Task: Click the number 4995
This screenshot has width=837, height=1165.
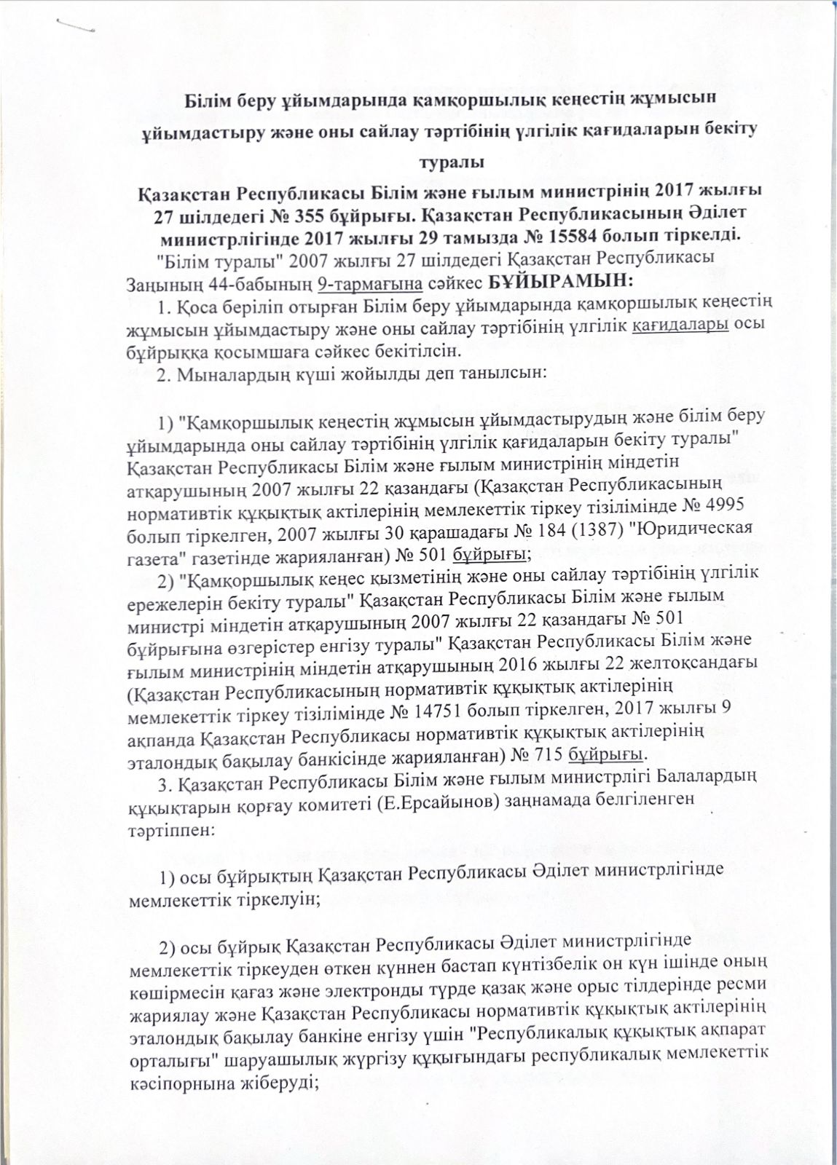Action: tap(720, 508)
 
